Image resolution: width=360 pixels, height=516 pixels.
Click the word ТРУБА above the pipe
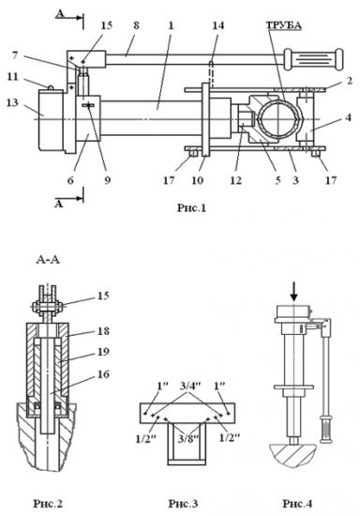pyautogui.click(x=284, y=25)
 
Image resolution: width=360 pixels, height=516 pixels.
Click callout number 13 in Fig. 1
pyautogui.click(x=12, y=102)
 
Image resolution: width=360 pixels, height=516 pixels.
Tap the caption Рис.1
pyautogui.click(x=191, y=207)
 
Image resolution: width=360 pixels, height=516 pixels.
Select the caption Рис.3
pyautogui.click(x=184, y=503)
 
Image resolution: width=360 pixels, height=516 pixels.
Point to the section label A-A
pyautogui.click(x=48, y=260)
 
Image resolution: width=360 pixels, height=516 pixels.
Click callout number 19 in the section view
pyautogui.click(x=103, y=352)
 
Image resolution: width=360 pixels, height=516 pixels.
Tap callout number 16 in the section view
pyautogui.click(x=103, y=373)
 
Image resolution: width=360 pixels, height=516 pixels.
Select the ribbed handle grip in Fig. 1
pyautogui.click(x=314, y=59)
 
